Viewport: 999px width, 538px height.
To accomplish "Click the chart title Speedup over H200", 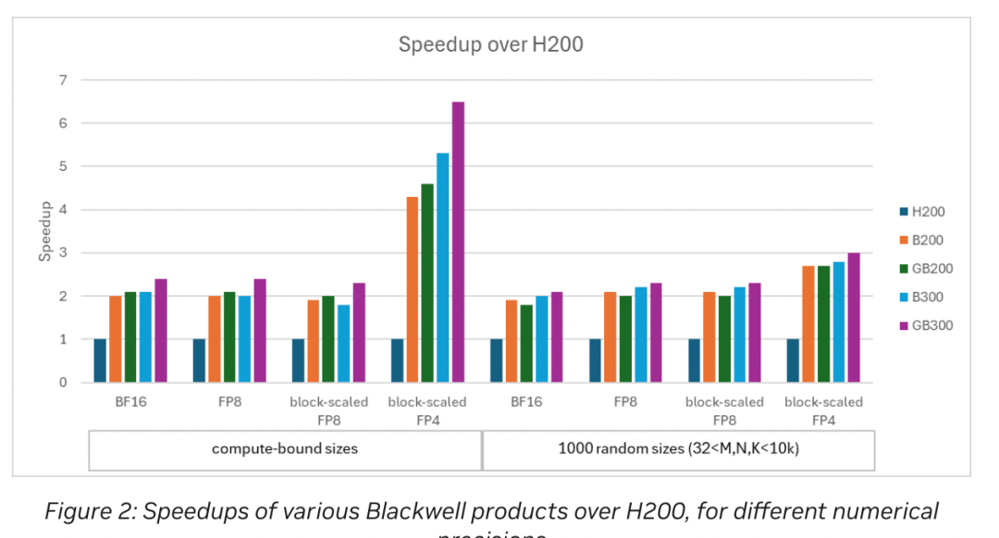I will [x=490, y=44].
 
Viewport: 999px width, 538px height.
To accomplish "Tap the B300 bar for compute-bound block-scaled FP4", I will [x=443, y=268].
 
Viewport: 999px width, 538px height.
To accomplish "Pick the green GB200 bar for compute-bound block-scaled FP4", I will [x=427, y=283].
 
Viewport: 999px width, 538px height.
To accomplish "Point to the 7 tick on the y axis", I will [x=63, y=80].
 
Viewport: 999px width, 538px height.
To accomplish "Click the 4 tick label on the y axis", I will [x=63, y=210].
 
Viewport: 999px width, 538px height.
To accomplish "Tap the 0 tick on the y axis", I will [x=63, y=383].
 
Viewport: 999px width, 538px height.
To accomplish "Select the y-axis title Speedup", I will [x=44, y=232].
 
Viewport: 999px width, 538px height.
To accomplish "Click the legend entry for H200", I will [x=928, y=212].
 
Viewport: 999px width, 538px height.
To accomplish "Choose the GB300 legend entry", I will [x=931, y=325].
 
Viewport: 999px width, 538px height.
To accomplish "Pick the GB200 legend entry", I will [x=931, y=268].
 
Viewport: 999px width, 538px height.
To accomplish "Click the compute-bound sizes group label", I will [x=285, y=449].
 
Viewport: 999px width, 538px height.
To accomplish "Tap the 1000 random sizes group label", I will [x=679, y=449].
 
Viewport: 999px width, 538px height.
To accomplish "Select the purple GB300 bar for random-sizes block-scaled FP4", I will [x=854, y=318].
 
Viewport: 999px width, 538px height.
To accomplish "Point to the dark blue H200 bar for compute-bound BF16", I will [x=100, y=361].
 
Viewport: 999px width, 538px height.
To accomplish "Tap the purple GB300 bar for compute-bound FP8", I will [x=260, y=331].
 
